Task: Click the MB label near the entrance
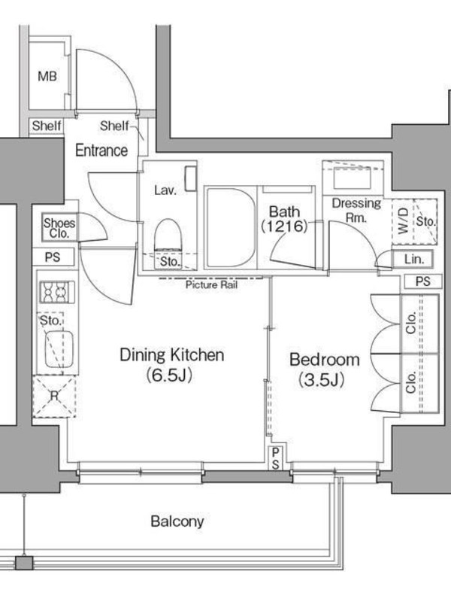pyautogui.click(x=47, y=77)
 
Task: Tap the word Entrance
pyautogui.click(x=101, y=150)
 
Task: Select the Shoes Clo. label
pyautogui.click(x=59, y=228)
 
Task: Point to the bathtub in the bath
pyautogui.click(x=231, y=228)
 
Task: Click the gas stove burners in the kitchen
pyautogui.click(x=57, y=293)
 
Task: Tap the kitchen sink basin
pyautogui.click(x=59, y=350)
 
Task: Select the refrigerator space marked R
pyautogui.click(x=54, y=397)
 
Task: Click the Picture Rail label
pyautogui.click(x=211, y=284)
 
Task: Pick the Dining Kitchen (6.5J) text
pyautogui.click(x=171, y=365)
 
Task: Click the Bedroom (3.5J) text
pyautogui.click(x=324, y=369)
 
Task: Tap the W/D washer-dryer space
pyautogui.click(x=403, y=221)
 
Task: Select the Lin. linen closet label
pyautogui.click(x=413, y=259)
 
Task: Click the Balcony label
pyautogui.click(x=177, y=521)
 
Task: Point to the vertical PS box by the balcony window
pyautogui.click(x=275, y=458)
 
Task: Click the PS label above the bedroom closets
pyautogui.click(x=422, y=281)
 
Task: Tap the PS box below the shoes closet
pyautogui.click(x=53, y=257)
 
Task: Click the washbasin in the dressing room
pyautogui.click(x=352, y=178)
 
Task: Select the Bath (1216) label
pyautogui.click(x=285, y=219)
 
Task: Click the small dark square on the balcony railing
pyautogui.click(x=24, y=563)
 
